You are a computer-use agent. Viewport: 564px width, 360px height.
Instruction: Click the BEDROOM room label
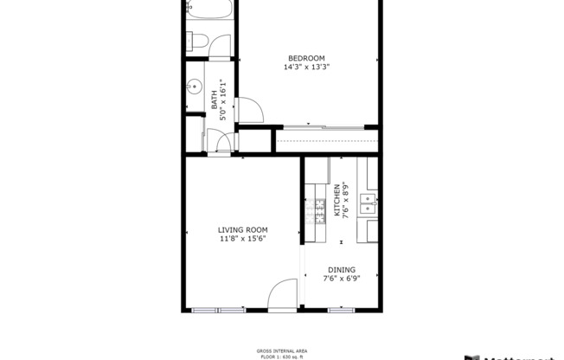[x=307, y=58]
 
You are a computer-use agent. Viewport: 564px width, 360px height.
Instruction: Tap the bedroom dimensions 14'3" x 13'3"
[x=307, y=67]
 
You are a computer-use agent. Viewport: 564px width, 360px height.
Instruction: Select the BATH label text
[x=214, y=101]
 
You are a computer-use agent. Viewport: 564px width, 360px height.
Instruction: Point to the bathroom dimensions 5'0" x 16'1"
[x=222, y=101]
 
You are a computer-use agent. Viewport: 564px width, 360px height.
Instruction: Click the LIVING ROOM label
[x=242, y=229]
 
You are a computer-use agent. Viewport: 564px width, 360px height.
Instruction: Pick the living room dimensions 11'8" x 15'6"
[x=242, y=239]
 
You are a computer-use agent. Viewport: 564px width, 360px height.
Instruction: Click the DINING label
[x=341, y=269]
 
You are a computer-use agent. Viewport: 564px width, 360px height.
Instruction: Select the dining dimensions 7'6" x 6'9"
[x=341, y=279]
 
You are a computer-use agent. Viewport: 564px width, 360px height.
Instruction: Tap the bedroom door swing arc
[x=250, y=111]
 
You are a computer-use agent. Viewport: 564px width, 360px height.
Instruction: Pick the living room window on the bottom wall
[x=218, y=309]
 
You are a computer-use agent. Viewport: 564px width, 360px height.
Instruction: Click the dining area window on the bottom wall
[x=341, y=309]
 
